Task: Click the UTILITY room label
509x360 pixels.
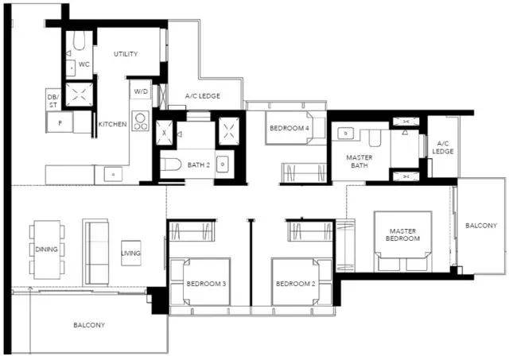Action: click(126, 54)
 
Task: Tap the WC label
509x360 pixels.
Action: click(84, 64)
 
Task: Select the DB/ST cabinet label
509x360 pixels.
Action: click(53, 101)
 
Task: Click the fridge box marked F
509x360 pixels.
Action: click(60, 122)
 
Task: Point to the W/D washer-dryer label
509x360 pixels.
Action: click(141, 91)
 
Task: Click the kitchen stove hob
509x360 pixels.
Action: click(141, 121)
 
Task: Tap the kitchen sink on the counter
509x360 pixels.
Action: click(113, 175)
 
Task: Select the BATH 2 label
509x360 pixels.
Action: click(199, 165)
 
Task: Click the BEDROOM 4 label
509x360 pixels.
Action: click(289, 128)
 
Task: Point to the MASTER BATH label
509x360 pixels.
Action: click(359, 161)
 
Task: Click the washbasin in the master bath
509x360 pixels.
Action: click(346, 134)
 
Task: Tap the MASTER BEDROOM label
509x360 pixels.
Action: click(403, 234)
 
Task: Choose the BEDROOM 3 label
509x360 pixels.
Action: click(206, 284)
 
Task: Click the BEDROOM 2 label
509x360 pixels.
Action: click(295, 284)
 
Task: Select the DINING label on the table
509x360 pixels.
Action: click(46, 249)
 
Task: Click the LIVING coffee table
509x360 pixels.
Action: click(130, 253)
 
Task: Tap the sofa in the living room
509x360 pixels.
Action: click(96, 253)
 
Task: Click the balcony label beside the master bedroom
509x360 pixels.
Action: click(481, 226)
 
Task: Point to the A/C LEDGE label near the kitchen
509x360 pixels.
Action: click(203, 96)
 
